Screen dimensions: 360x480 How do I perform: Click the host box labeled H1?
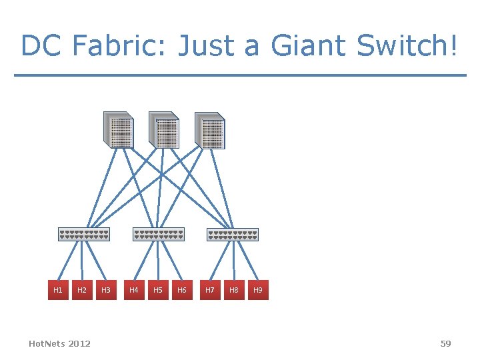[58, 290]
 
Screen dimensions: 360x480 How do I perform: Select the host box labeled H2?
[82, 290]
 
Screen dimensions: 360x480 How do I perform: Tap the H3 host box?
[105, 290]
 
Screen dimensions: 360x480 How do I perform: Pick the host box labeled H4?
[134, 290]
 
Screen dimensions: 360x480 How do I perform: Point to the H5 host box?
[158, 290]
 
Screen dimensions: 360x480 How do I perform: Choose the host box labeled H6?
[181, 290]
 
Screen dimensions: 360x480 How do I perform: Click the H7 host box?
[210, 290]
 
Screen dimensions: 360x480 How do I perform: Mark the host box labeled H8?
[234, 290]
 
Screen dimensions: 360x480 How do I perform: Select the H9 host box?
[258, 290]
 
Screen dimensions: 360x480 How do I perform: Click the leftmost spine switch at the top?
[118, 129]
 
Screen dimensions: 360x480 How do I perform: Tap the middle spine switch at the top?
[164, 129]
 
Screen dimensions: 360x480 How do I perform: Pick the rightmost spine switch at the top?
[210, 129]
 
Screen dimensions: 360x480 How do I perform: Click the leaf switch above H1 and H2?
[83, 235]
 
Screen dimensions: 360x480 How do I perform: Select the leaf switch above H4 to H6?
[158, 235]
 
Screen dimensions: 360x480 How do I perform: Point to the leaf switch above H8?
[233, 235]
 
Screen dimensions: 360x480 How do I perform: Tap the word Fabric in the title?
[117, 47]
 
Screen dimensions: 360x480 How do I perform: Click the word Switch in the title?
[403, 47]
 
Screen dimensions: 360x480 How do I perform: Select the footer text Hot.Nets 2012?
[60, 343]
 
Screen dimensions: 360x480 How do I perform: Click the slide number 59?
[445, 343]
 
